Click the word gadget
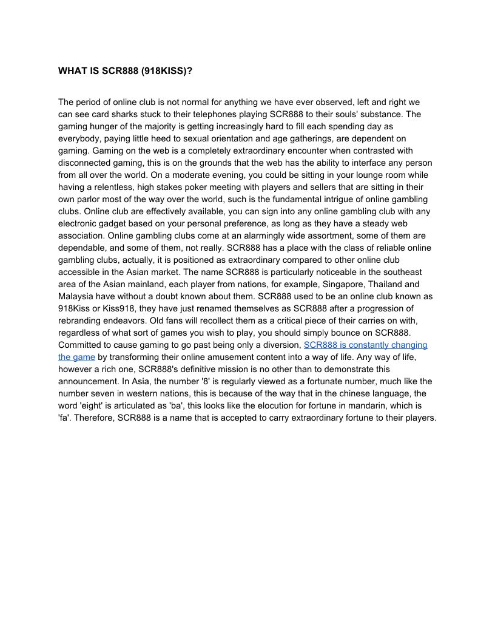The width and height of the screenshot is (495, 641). click(119, 223)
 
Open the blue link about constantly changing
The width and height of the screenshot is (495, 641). click(365, 345)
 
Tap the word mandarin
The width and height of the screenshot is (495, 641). click(371, 405)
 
